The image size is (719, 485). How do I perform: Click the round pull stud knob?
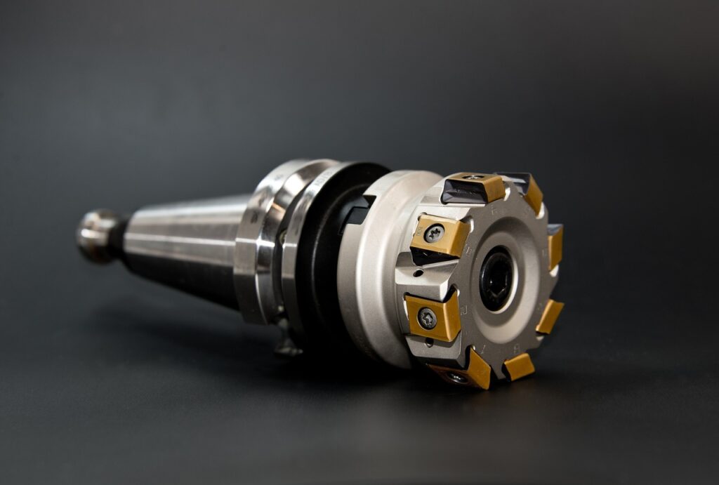pos(96,235)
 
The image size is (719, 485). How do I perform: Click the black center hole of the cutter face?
pos(496,278)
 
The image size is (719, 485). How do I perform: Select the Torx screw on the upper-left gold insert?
pos(435,233)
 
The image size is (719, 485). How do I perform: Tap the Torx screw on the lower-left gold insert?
pos(426,319)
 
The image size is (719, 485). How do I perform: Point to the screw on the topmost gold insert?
pos(473,178)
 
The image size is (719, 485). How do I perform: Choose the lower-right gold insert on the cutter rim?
pos(549,316)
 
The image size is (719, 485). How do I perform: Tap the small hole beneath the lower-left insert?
pos(430,343)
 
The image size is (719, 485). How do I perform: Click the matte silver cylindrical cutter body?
pos(372,281)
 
